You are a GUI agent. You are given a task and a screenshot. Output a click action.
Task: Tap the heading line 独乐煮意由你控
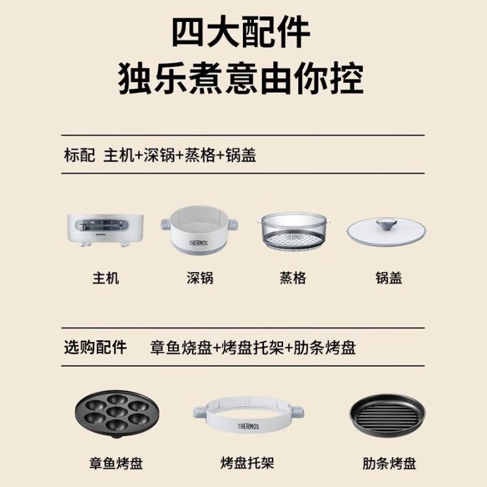coord(241,78)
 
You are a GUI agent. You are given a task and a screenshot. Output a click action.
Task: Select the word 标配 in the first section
coord(79,155)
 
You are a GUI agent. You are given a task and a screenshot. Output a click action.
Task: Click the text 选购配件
coord(95,347)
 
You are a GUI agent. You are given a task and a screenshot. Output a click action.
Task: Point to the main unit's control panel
coord(101,225)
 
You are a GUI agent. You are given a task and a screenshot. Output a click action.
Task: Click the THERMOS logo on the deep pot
coord(198,243)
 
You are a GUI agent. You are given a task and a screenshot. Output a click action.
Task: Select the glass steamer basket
coord(293,231)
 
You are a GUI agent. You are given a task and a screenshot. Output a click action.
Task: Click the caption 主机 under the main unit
coord(106,278)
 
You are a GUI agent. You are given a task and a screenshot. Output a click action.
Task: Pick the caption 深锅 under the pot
coord(200,278)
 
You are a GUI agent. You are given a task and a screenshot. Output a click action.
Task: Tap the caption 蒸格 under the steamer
coord(293,278)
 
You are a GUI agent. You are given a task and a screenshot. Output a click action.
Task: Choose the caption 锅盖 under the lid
coord(389,278)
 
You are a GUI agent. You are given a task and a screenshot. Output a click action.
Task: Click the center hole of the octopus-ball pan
coord(117,412)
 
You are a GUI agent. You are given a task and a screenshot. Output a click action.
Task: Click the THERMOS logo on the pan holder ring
coord(248,426)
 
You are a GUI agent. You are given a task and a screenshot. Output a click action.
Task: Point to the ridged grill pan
coord(387,415)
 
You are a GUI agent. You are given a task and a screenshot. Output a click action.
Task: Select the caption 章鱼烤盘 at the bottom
coord(116,463)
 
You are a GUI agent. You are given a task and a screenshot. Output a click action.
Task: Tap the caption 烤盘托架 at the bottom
coord(247,463)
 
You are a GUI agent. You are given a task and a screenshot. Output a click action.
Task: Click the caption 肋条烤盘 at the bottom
coord(389,463)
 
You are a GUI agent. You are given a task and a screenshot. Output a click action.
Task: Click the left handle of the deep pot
coord(166,223)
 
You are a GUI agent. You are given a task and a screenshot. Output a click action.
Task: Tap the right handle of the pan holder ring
coord(298,412)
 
